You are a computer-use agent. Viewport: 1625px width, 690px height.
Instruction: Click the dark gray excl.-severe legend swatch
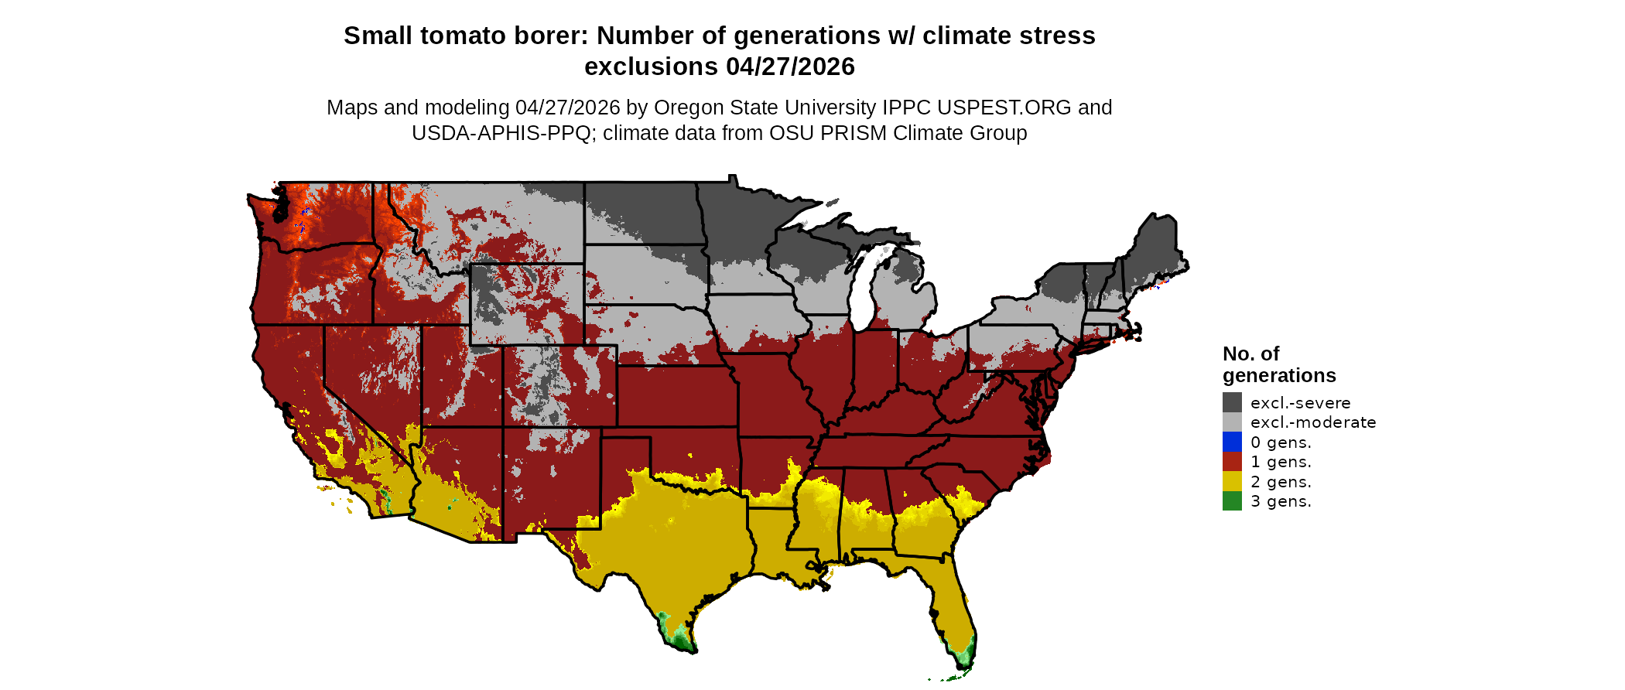tap(1232, 402)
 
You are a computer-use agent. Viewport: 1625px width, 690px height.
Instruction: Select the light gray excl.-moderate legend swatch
tap(1232, 422)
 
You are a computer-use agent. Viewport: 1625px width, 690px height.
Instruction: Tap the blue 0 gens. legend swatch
tap(1232, 442)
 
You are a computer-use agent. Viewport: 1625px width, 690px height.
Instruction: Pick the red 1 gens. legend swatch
tap(1232, 462)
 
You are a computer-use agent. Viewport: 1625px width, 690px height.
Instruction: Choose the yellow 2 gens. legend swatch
tap(1232, 481)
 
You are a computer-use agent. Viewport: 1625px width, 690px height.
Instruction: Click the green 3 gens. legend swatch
tap(1232, 501)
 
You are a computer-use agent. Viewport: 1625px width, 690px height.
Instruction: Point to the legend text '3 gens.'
tap(1281, 501)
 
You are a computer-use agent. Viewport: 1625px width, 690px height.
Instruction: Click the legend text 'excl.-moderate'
tap(1313, 422)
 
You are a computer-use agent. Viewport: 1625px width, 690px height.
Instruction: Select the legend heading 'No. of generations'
tap(1278, 364)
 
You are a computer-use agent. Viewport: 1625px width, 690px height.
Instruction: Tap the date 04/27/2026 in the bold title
tap(790, 67)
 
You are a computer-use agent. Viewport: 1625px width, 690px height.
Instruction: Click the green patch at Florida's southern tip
tap(963, 658)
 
